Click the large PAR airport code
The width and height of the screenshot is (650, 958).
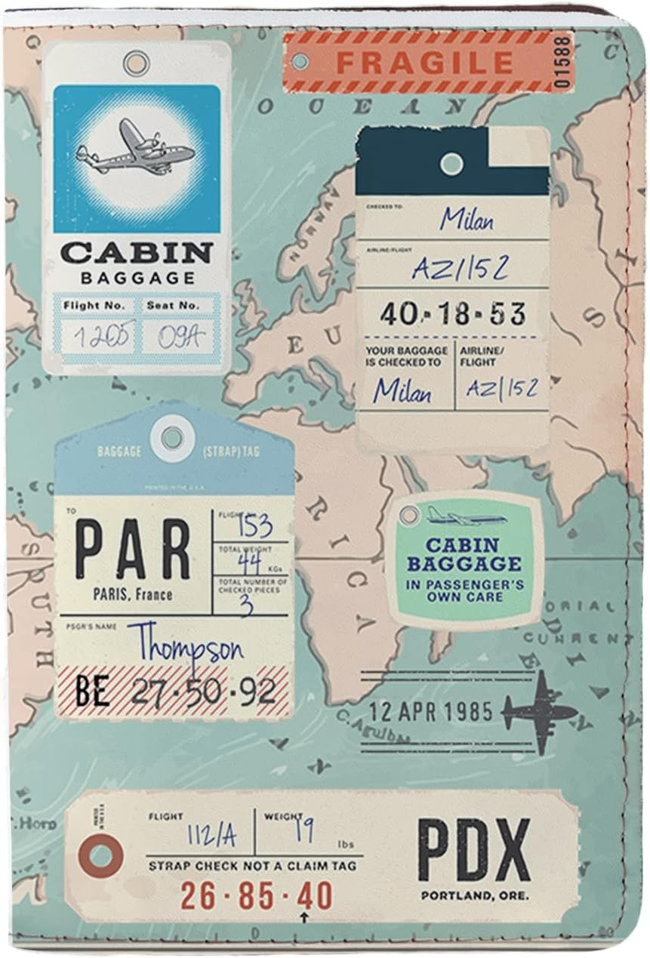[x=133, y=550]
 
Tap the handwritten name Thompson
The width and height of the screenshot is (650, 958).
[x=185, y=648]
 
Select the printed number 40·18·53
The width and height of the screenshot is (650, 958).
[x=452, y=313]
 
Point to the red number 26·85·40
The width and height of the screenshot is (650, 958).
[x=257, y=896]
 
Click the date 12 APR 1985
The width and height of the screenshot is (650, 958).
[x=430, y=711]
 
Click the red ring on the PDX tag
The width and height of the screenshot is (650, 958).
[x=101, y=856]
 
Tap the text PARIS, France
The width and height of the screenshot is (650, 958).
[x=133, y=594]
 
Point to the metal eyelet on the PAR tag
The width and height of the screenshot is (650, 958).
[x=172, y=437]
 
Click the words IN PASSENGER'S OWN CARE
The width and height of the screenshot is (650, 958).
[x=464, y=590]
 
